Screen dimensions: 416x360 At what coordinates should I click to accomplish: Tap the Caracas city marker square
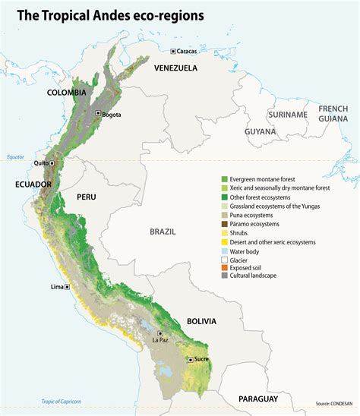coord(173,51)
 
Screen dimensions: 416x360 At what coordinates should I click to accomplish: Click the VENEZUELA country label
coord(175,68)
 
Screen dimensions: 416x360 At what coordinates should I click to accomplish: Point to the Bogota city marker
coord(97,112)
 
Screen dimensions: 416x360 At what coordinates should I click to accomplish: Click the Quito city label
coord(36,163)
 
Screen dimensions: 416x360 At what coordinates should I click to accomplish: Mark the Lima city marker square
coord(68,287)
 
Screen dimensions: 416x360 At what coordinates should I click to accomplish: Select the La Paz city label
coord(159,340)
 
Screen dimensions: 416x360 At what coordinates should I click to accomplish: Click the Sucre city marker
coord(188,360)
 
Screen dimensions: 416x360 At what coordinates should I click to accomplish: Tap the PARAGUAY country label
coord(258,399)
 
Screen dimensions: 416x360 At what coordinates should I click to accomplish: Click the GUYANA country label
coord(260,131)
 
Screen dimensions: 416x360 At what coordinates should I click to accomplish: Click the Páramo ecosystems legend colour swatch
coord(215,224)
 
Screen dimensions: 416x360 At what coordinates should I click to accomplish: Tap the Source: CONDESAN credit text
coord(335,403)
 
